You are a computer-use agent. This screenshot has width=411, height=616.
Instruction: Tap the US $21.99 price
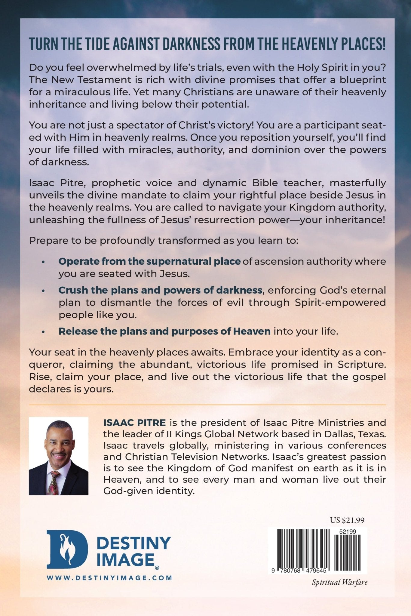pyautogui.click(x=347, y=520)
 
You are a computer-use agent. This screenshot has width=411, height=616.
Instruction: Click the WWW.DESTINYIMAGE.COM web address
pyautogui.click(x=109, y=577)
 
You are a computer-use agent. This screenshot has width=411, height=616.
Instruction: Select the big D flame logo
pyautogui.click(x=67, y=549)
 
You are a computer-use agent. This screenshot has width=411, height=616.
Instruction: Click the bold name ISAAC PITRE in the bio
pyautogui.click(x=134, y=423)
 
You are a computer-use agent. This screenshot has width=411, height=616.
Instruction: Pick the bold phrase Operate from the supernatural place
pyautogui.click(x=149, y=261)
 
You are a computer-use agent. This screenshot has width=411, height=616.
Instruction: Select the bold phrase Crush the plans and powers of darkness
pyautogui.click(x=160, y=290)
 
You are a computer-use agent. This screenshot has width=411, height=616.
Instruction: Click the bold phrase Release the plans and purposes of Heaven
pyautogui.click(x=164, y=331)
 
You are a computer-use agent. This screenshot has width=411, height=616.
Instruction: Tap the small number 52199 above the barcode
pyautogui.click(x=347, y=531)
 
